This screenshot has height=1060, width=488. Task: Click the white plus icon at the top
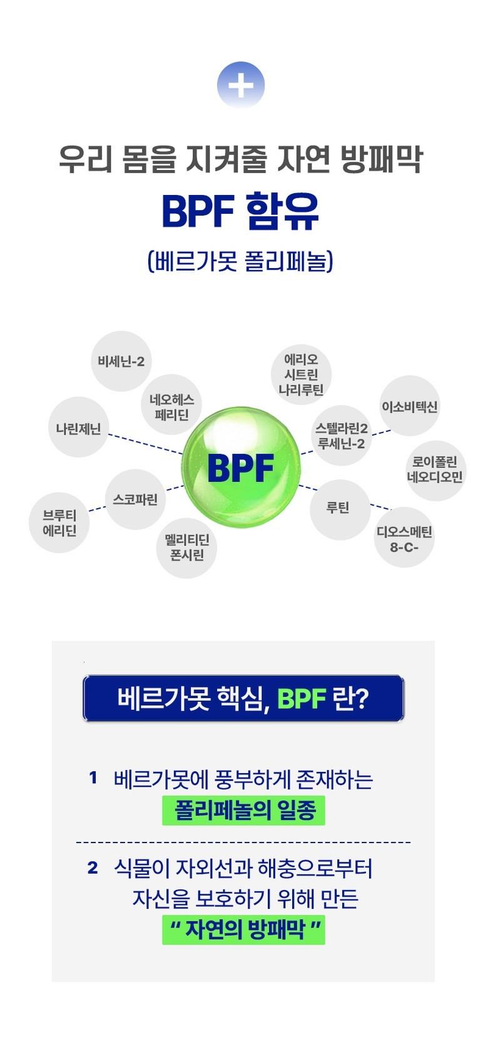pos(241,85)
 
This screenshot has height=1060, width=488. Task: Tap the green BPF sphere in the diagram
pos(241,466)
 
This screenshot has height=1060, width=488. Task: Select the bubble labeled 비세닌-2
pos(121,361)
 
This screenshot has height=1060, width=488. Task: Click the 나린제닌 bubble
pos(79,428)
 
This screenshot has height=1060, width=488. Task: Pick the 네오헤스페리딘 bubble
pos(171,407)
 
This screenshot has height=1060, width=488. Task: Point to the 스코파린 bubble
pos(135,499)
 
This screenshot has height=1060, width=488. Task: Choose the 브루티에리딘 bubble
pos(59,522)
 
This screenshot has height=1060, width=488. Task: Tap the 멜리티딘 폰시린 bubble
pos(187,547)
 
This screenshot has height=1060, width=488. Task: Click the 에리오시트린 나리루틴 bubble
pos(301,374)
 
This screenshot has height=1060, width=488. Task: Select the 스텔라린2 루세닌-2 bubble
pos(342,436)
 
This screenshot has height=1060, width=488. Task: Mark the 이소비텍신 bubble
pos(410,406)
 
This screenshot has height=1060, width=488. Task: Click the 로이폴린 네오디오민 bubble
pos(435,469)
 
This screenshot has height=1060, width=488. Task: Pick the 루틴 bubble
pos(338,507)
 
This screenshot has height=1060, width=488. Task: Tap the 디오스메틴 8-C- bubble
pos(404,538)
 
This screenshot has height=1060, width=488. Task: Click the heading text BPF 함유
pos(241,211)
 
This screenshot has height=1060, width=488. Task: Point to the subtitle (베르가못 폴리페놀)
pos(241,260)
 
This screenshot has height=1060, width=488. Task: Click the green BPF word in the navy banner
pos(301,698)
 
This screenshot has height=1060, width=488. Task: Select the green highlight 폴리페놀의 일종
pos(244,810)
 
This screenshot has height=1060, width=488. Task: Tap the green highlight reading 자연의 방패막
pos(244,929)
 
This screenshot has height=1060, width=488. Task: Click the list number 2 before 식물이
pos(93,867)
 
